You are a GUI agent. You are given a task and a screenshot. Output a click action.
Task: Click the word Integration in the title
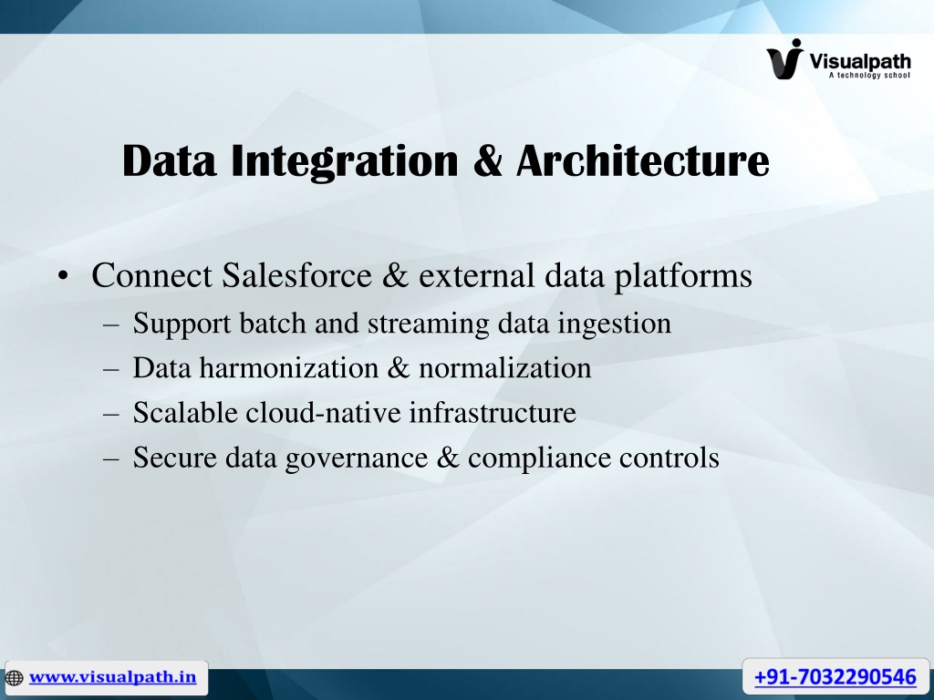pyautogui.click(x=345, y=161)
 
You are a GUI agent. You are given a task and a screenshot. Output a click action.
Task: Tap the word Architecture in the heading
pyautogui.click(x=643, y=160)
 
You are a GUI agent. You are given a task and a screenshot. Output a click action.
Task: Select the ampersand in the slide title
pyautogui.click(x=488, y=161)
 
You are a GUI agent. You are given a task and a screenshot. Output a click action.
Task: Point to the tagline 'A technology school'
pyautogui.click(x=869, y=75)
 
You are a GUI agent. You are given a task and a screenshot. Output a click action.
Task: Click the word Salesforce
pyautogui.click(x=296, y=275)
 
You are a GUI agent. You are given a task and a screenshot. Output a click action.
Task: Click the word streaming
pyautogui.click(x=429, y=324)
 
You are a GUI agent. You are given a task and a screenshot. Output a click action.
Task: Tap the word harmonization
pyautogui.click(x=289, y=368)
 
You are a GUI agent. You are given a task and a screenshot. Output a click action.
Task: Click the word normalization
pyautogui.click(x=505, y=368)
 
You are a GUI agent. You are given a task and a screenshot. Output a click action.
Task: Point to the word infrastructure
pyautogui.click(x=493, y=413)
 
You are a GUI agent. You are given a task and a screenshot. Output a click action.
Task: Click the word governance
pyautogui.click(x=357, y=458)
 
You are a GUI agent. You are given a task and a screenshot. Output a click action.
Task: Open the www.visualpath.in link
pyautogui.click(x=112, y=677)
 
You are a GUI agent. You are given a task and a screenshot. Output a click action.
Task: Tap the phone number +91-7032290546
pyautogui.click(x=835, y=677)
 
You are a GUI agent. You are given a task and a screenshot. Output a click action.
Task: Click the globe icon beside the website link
pyautogui.click(x=14, y=678)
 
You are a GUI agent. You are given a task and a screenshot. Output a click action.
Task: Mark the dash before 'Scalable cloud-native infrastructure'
pyautogui.click(x=111, y=414)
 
